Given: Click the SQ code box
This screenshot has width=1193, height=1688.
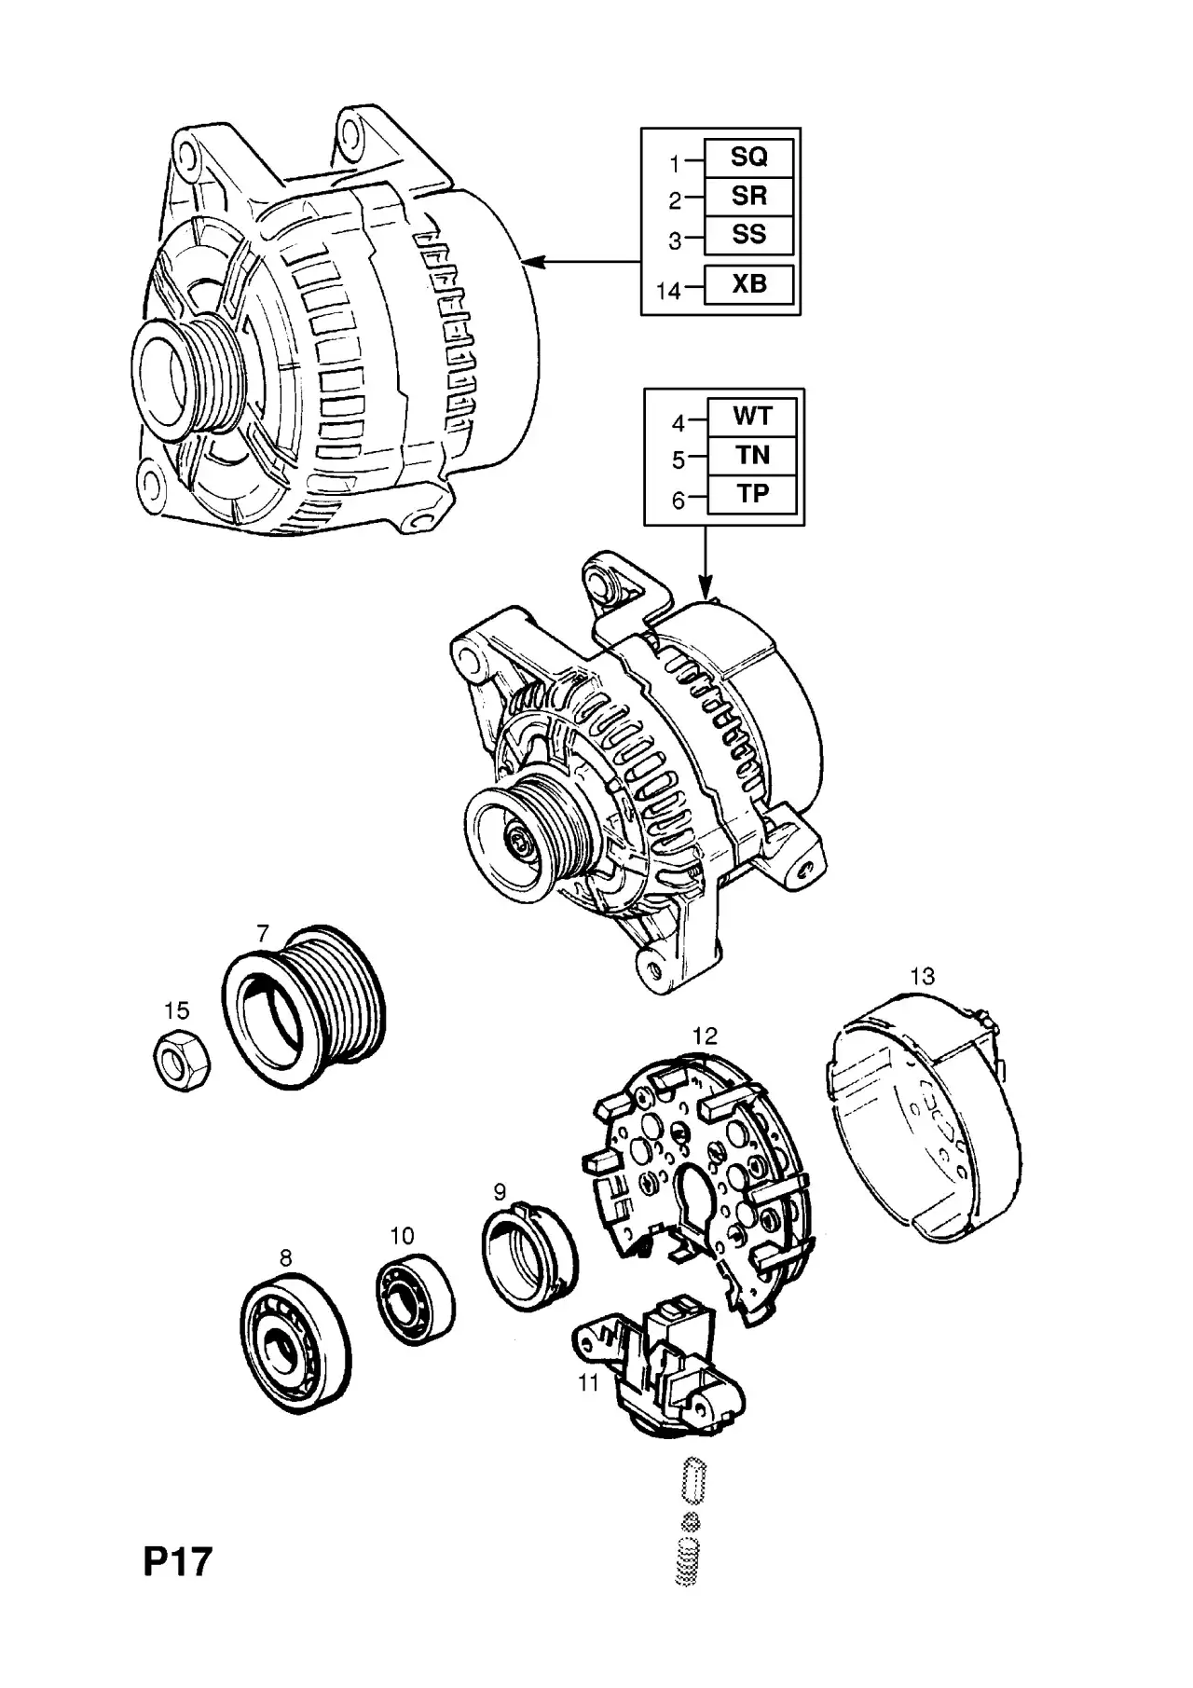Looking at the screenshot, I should [748, 158].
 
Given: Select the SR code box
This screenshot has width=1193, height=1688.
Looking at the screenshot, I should [748, 197].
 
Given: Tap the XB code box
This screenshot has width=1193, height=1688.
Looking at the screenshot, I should [748, 284].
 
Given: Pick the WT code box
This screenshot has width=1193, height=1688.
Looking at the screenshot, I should [752, 417].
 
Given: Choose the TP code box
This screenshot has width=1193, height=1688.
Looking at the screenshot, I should [752, 494].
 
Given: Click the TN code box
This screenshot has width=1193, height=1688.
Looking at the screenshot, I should [752, 455].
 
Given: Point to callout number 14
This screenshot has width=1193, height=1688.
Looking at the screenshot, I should [668, 291].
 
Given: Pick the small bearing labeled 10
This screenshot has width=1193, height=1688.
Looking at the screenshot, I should [416, 1298].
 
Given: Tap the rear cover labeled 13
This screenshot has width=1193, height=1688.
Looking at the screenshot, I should [923, 1118].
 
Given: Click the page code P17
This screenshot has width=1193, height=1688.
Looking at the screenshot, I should [178, 1562].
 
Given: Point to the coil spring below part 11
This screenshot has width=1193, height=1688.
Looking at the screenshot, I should [687, 1561].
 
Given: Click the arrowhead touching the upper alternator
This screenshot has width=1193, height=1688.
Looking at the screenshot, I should [531, 263].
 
